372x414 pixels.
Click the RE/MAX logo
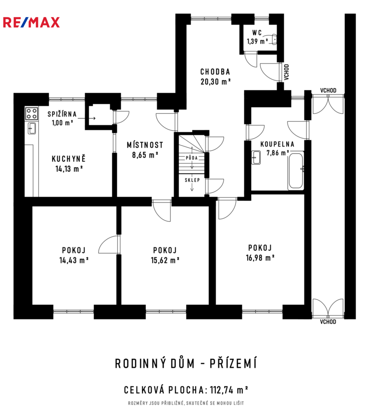coord(31,23)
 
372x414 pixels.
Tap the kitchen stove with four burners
coord(32,113)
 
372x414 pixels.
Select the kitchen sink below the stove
coord(32,128)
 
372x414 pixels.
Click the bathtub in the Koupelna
coord(296,171)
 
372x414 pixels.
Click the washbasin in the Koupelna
coord(256,158)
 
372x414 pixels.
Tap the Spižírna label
coord(62,114)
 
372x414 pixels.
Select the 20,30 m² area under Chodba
coord(216,81)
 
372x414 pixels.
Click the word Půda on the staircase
coord(192,158)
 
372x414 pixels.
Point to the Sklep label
coord(192,180)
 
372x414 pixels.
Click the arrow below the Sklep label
coord(192,187)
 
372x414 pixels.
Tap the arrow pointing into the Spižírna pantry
coord(87,118)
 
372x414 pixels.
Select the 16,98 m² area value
coord(260,258)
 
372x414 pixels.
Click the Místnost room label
coord(145,145)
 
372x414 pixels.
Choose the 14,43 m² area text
coord(74,260)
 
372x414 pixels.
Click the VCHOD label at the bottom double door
coord(328,322)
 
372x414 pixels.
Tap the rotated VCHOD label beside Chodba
coord(287,72)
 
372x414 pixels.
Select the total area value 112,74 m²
coord(229,390)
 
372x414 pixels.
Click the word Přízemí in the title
coord(233,363)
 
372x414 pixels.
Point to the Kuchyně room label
coord(69,159)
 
